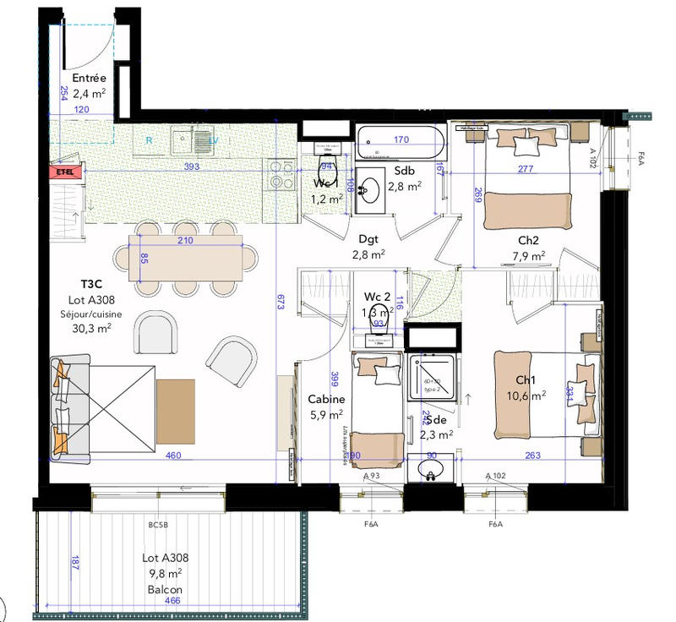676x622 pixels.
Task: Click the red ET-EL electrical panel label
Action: pos(64,172)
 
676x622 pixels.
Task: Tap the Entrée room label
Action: pos(89,79)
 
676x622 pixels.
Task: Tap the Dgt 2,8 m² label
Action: pos(368,246)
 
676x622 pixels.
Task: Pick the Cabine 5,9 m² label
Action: pos(325,406)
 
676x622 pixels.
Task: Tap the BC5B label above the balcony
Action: pos(158,526)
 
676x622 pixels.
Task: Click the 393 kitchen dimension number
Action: pos(192,167)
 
